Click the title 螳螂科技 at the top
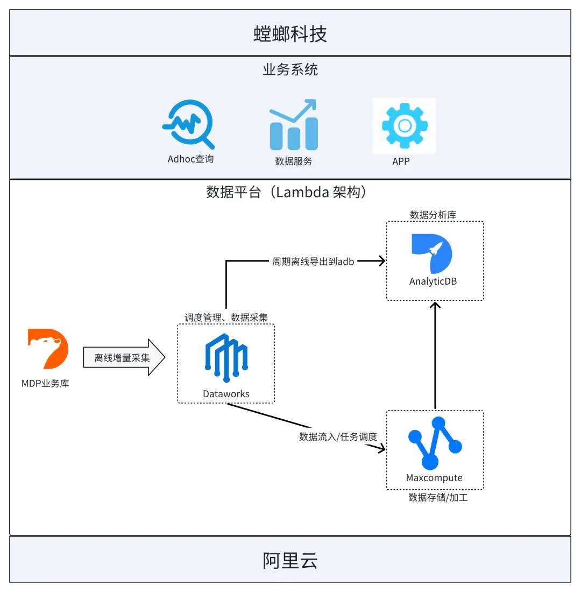coord(290,34)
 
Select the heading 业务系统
coord(290,69)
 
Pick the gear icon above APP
coord(404,125)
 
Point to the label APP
coord(401,160)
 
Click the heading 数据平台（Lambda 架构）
coord(288,192)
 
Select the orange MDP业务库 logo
coord(48,349)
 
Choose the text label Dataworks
coord(226,394)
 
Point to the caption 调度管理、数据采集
coord(226,318)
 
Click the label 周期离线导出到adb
coord(313,262)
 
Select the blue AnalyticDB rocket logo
coord(432,253)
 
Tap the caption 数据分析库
coord(433,215)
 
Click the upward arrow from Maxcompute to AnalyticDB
coord(435,355)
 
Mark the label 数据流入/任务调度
coord(338,436)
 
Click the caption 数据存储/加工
coord(438,497)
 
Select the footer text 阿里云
coord(290,560)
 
